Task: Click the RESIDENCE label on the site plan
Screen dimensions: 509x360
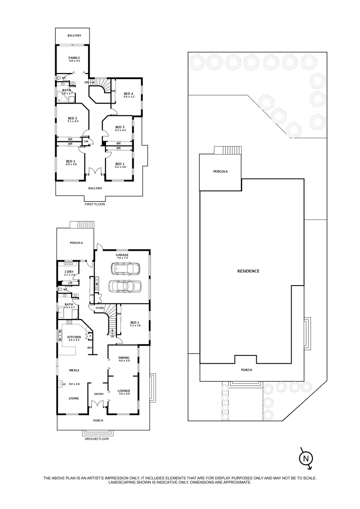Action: click(248, 271)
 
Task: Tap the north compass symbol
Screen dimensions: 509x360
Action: click(306, 458)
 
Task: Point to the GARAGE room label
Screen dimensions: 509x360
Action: click(122, 254)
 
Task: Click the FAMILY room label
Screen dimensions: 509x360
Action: click(74, 57)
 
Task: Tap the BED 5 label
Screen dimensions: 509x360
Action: click(120, 127)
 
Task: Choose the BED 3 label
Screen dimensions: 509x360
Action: click(72, 118)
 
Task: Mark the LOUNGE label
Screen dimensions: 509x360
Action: click(124, 391)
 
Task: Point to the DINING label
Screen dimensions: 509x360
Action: click(124, 357)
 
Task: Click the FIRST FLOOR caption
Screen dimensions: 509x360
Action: click(95, 204)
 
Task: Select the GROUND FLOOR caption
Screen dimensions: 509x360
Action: click(97, 438)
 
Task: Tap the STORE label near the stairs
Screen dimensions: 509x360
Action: click(99, 308)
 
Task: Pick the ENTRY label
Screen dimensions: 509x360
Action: click(99, 394)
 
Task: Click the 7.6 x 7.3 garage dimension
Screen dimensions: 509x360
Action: click(122, 258)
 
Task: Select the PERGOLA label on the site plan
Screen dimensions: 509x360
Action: click(221, 172)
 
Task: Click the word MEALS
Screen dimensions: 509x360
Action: click(74, 370)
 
